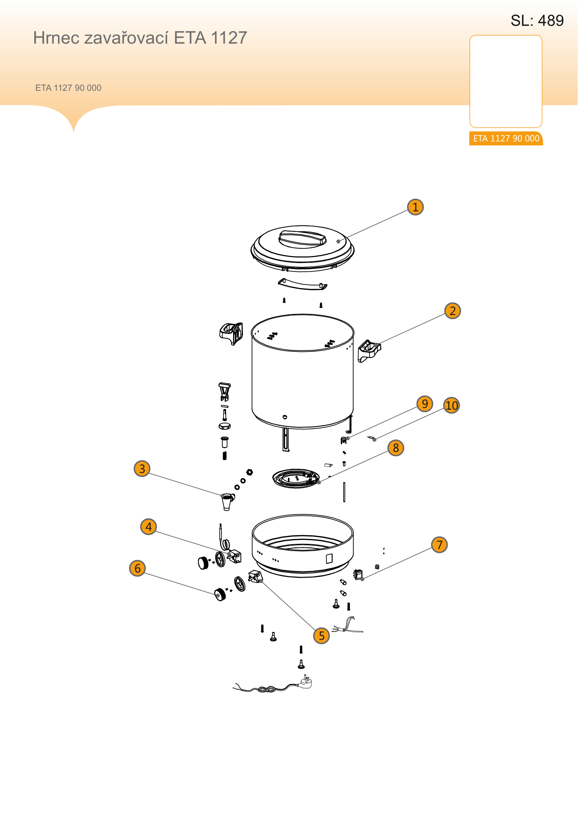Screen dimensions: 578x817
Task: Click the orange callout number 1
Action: (416, 207)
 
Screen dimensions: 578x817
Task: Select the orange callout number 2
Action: (452, 311)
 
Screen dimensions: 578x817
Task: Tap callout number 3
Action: (142, 469)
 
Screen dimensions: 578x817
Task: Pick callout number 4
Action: (149, 527)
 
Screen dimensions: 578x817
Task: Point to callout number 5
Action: (321, 635)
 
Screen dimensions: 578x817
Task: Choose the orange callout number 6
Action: (137, 568)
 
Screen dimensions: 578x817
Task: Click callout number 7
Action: (439, 545)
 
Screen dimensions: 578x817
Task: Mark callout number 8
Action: (396, 448)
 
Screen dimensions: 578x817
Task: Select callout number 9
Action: (425, 403)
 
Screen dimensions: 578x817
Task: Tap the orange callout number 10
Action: (451, 405)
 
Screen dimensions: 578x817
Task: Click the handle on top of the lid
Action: (302, 239)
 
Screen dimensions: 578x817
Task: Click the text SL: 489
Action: (537, 21)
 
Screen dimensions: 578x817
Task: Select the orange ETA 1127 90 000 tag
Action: (506, 138)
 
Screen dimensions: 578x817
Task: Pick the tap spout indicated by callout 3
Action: (227, 501)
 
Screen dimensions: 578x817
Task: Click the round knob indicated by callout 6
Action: (220, 594)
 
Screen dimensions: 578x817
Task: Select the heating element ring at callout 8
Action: (296, 478)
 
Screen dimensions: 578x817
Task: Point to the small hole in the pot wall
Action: (285, 417)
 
